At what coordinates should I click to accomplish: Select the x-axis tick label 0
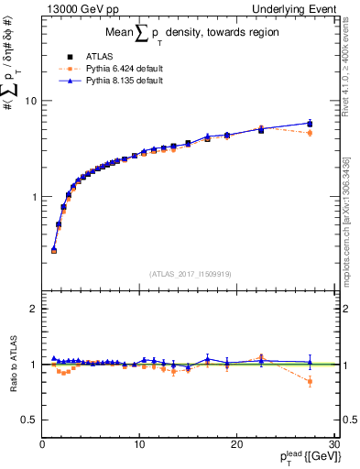click(x=42, y=444)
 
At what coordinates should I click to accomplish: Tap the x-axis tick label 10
click(x=138, y=444)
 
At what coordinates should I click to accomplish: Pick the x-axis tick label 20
click(x=235, y=444)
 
